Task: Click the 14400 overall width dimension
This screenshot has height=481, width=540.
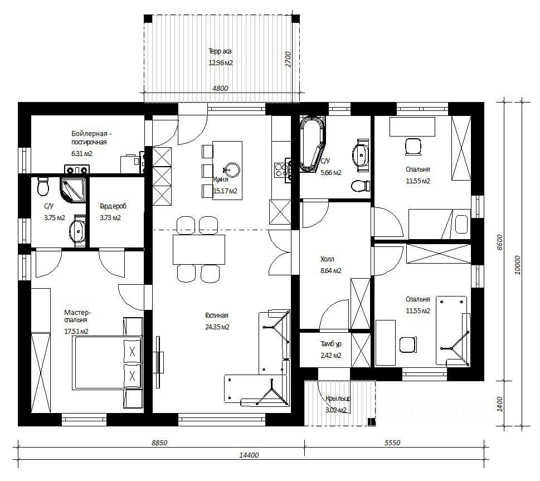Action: [x=249, y=455]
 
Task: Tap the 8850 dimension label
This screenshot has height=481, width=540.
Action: [x=159, y=443]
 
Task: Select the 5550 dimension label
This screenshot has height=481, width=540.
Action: [x=392, y=443]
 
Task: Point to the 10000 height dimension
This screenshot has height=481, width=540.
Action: [x=518, y=265]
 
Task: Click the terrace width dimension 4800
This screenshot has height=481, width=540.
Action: [x=220, y=88]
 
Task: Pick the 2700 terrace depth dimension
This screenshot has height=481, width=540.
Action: [x=288, y=59]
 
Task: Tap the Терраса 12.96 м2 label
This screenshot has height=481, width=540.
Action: [x=221, y=57]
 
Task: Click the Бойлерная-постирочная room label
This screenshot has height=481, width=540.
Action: [x=91, y=138]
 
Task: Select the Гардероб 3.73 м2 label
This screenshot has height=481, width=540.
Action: [x=113, y=212]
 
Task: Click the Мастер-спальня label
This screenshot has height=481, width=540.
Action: [x=77, y=322]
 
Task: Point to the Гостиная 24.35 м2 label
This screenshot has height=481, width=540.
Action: [x=217, y=321]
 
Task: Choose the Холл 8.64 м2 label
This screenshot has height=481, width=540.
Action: [x=330, y=265]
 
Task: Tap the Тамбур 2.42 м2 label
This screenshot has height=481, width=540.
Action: [x=331, y=349]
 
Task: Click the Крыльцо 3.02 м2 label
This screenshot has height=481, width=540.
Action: [x=338, y=404]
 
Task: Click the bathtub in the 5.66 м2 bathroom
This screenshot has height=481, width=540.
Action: [x=312, y=143]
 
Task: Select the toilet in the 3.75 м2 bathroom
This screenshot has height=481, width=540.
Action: [x=43, y=186]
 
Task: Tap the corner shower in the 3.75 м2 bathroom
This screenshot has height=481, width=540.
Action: [x=72, y=190]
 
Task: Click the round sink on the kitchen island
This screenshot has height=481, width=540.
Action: [x=232, y=169]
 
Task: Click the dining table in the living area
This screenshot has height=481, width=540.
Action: [x=199, y=250]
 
